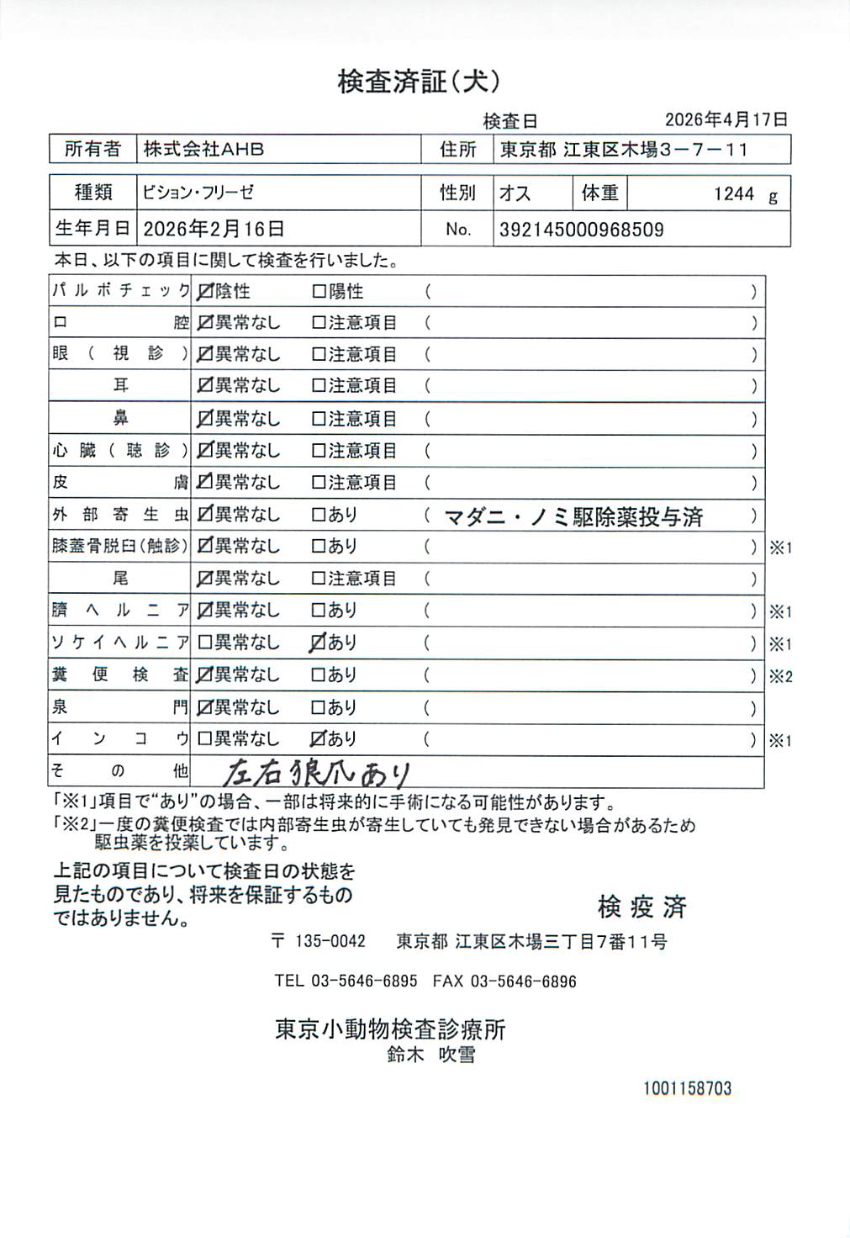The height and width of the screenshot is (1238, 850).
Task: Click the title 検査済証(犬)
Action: [419, 82]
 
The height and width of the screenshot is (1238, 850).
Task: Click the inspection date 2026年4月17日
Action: [726, 119]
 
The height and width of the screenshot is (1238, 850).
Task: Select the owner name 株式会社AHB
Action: [203, 150]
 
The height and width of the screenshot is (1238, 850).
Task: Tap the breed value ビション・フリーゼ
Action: [198, 193]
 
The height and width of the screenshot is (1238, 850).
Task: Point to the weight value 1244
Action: [734, 194]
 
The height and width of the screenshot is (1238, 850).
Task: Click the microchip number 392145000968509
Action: [581, 230]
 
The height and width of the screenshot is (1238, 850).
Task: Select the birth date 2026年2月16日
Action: [214, 229]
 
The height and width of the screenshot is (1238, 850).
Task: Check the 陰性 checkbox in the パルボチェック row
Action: [204, 292]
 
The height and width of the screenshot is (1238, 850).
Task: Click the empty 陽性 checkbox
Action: [319, 292]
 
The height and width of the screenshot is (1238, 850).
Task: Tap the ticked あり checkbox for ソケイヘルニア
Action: [318, 643]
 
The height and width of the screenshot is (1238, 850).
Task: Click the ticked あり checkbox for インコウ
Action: [318, 739]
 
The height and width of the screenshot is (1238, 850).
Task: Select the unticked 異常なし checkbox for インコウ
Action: [204, 739]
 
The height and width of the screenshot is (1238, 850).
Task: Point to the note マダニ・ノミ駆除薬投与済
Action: [573, 516]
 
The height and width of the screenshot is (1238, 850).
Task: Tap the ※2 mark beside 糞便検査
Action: [780, 676]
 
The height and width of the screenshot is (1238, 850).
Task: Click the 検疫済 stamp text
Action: [641, 907]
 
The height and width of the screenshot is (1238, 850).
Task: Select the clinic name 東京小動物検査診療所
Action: [390, 1029]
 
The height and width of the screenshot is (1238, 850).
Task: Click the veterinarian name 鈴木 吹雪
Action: [430, 1055]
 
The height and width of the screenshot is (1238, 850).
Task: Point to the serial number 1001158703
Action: [687, 1088]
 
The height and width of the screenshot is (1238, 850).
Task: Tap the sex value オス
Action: [515, 193]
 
